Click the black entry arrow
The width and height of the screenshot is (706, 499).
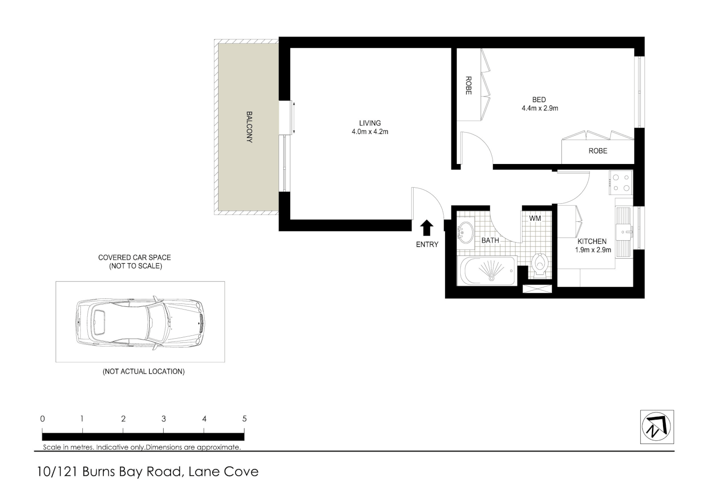click(x=427, y=228)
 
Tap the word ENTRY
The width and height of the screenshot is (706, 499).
click(x=427, y=244)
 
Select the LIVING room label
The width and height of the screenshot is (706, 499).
click(x=370, y=123)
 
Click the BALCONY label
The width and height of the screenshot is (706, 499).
click(x=249, y=127)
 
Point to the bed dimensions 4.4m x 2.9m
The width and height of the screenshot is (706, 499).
click(x=540, y=109)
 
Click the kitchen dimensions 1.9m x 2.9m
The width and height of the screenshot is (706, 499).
click(x=593, y=250)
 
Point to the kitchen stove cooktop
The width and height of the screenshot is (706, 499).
click(x=621, y=182)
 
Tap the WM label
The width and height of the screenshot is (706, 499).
click(x=535, y=218)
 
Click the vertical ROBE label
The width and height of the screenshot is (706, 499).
click(x=468, y=85)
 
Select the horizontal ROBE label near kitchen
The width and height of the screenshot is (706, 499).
click(x=597, y=151)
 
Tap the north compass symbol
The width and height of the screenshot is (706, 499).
click(x=657, y=427)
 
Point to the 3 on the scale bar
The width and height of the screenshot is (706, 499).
click(x=164, y=419)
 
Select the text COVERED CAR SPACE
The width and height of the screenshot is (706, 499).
click(x=134, y=257)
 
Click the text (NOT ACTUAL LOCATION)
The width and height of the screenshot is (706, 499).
click(x=143, y=371)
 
